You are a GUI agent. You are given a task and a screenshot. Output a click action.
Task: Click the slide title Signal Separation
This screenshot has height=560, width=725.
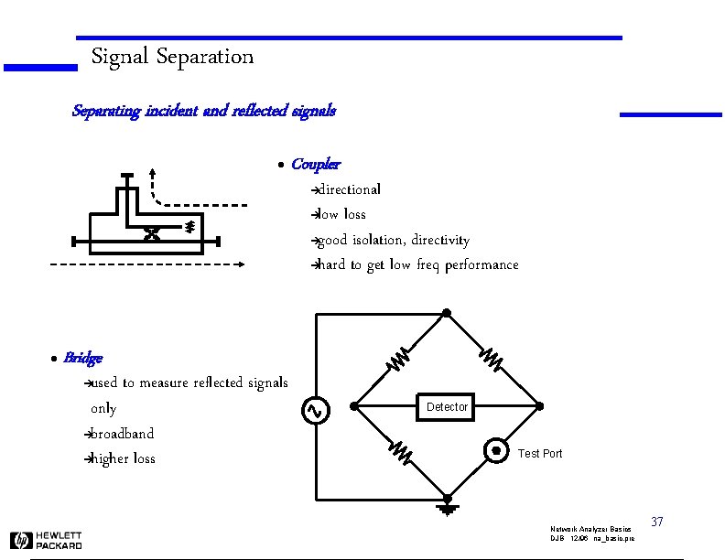172,57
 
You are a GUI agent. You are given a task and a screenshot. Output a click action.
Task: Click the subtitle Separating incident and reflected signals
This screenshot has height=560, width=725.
203,111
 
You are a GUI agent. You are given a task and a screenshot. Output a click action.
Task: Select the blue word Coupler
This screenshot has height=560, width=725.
315,165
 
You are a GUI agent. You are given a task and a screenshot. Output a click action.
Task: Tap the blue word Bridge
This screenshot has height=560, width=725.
82,358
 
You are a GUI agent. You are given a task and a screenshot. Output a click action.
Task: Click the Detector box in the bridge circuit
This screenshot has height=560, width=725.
447,406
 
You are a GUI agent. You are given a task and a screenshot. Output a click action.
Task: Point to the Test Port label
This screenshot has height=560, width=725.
540,454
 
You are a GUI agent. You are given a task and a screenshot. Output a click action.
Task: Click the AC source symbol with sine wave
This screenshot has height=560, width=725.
314,411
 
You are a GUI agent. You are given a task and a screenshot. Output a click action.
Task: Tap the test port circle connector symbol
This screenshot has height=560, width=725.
495,449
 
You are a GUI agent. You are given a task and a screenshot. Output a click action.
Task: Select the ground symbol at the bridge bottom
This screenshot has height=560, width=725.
447,506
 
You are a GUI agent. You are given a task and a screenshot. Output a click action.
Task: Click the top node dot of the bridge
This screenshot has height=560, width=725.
447,314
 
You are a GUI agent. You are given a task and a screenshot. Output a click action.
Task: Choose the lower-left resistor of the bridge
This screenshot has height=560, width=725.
400,450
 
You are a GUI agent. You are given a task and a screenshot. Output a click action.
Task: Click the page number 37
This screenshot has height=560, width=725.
656,522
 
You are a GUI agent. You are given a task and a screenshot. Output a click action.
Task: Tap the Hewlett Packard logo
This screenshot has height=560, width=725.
47,540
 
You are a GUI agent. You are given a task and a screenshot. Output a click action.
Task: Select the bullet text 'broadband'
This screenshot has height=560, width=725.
122,434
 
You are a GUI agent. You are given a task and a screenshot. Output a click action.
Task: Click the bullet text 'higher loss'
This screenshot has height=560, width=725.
123,458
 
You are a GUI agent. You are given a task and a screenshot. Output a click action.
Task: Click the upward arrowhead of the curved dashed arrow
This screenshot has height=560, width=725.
152,171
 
